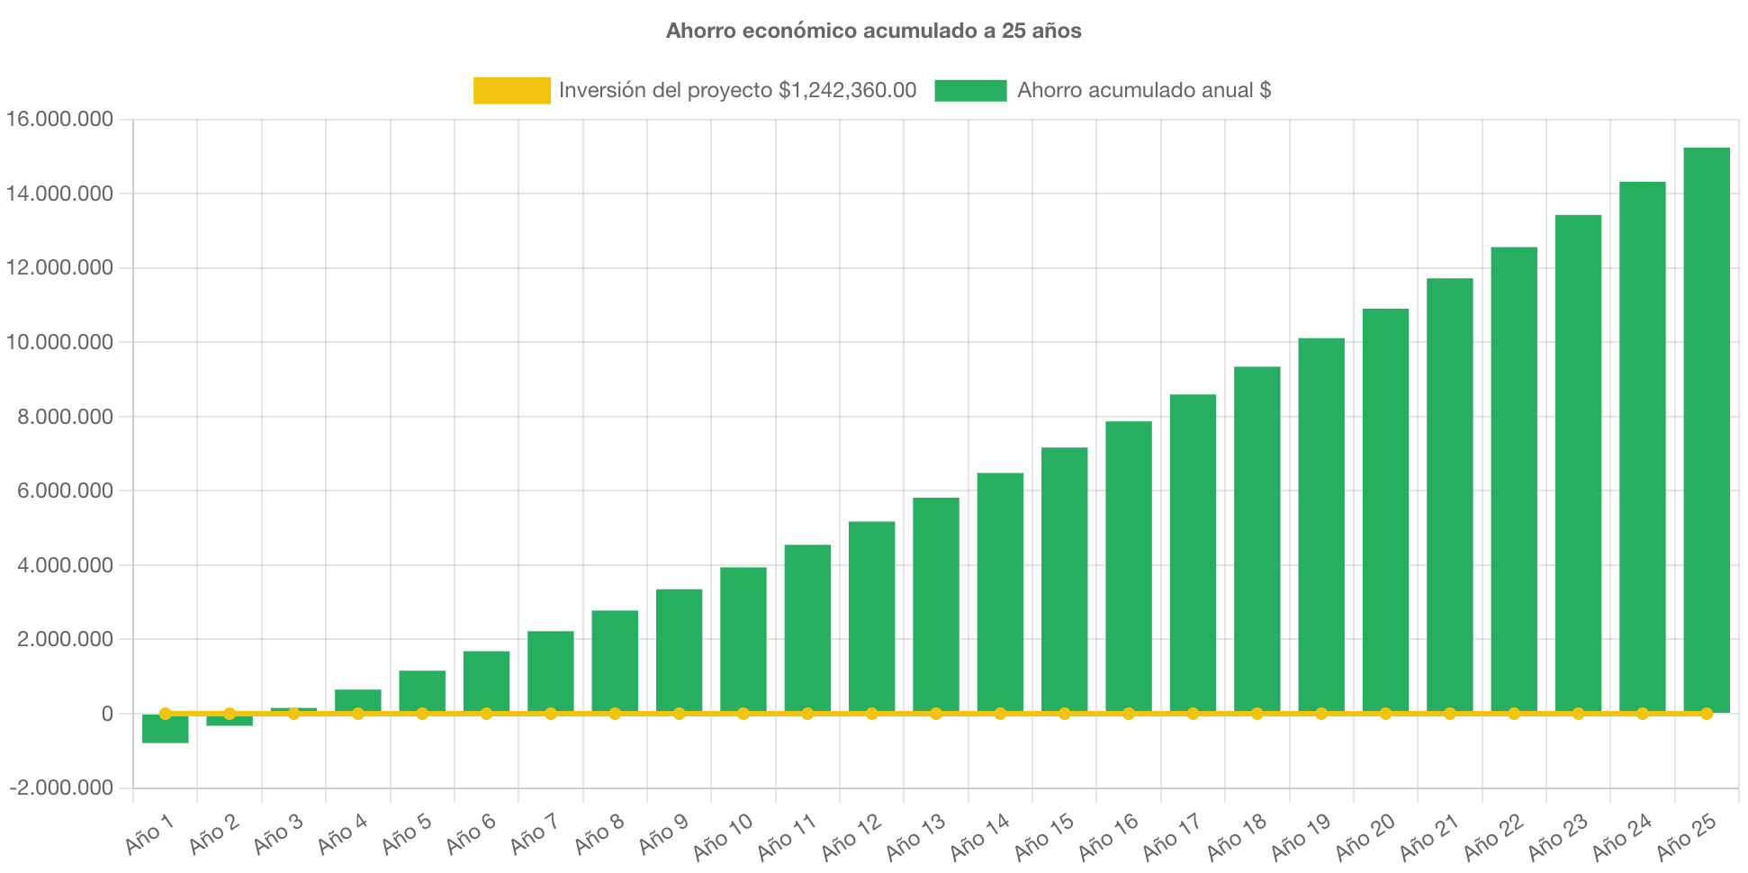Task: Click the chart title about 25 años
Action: (873, 31)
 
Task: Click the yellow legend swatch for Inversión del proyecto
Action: (511, 90)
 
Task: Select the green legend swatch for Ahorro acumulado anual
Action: (969, 90)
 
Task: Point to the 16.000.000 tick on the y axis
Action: (59, 119)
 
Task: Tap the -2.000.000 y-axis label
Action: (61, 787)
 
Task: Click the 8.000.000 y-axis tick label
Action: (59, 417)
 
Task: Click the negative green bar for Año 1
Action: (165, 730)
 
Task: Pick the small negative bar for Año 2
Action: (230, 721)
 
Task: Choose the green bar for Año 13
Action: (935, 603)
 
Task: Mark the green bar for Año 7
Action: (550, 670)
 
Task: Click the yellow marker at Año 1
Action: (165, 714)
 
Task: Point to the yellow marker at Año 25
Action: (1707, 714)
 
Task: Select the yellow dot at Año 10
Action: (743, 714)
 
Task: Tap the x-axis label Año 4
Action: (343, 833)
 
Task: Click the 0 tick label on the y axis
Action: (107, 714)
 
